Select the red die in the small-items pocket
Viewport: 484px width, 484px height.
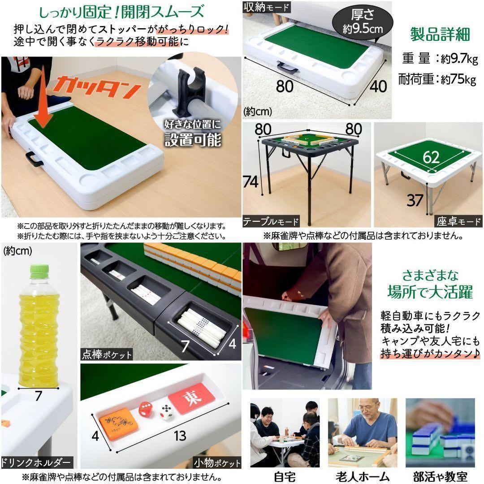[x=145, y=409]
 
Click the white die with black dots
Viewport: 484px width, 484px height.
[x=166, y=412]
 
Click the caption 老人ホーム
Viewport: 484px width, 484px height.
[x=362, y=476]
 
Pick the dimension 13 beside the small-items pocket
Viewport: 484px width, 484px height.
[x=179, y=436]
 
